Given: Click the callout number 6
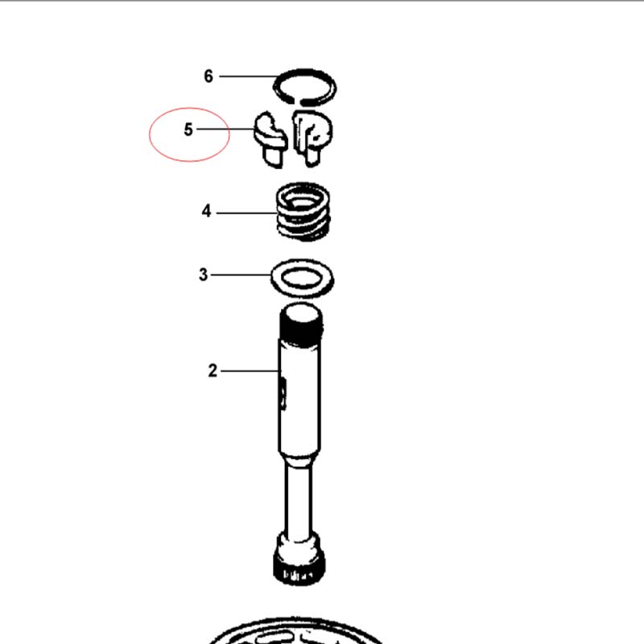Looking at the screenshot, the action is pos(208,76).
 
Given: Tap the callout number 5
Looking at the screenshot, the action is pos(188,130).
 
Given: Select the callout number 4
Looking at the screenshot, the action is pos(206,211).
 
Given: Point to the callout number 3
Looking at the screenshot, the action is pos(204,275).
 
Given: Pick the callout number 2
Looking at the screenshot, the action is pos(213,370).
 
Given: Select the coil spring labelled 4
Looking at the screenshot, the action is pos(303,212).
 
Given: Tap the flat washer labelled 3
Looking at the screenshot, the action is pos(302,289).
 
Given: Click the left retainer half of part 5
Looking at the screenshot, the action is pos(270,138).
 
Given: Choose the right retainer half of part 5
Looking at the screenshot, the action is pos(312,138).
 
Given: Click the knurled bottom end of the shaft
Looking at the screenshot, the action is pos(299,569).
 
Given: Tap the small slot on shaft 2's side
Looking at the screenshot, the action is pos(283,394).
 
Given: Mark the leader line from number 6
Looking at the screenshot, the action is pos(248,76).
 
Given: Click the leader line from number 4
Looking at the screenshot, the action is pos(247,213).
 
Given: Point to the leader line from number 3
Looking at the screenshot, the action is pos(241,275).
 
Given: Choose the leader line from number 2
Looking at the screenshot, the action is pos(250,371).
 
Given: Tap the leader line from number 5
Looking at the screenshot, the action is pos(225,129).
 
